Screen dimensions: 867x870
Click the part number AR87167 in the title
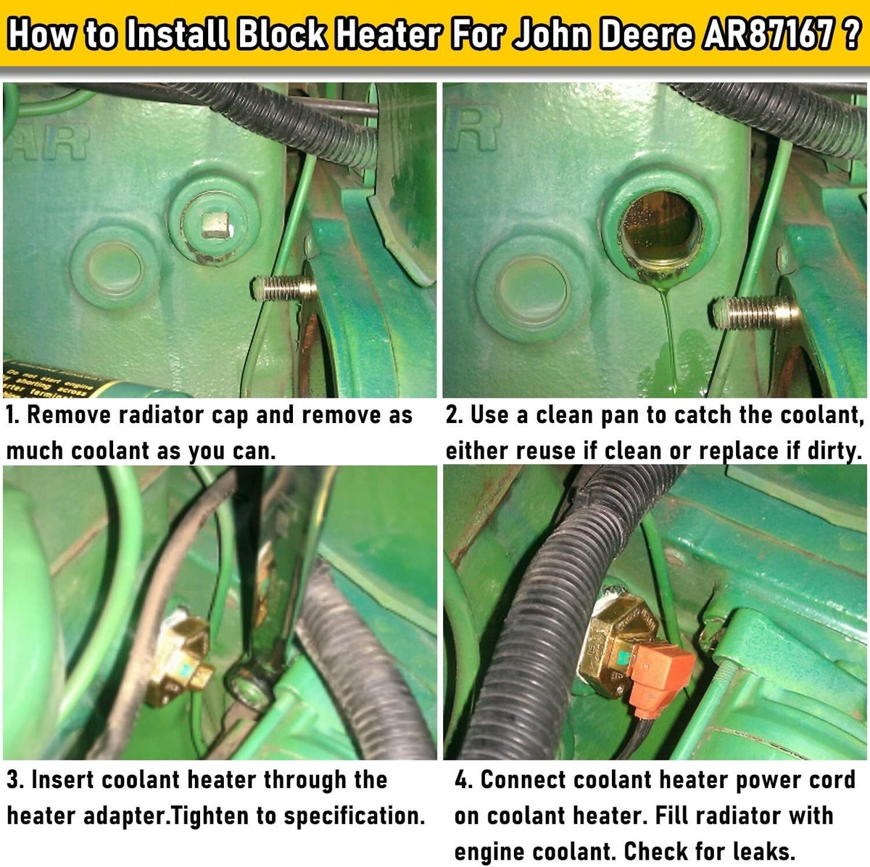click(766, 34)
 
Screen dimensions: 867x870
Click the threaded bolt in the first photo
click(285, 289)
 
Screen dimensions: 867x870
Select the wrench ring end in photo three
click(248, 686)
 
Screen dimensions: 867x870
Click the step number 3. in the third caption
click(15, 780)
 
